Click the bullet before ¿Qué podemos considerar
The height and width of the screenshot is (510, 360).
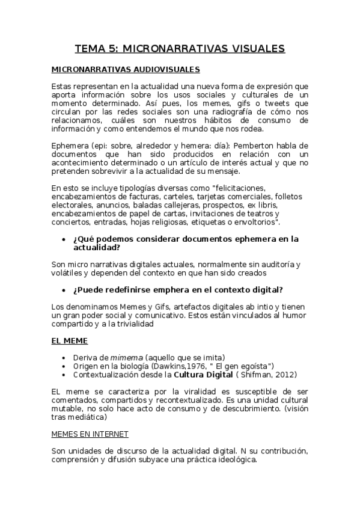click(64, 239)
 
